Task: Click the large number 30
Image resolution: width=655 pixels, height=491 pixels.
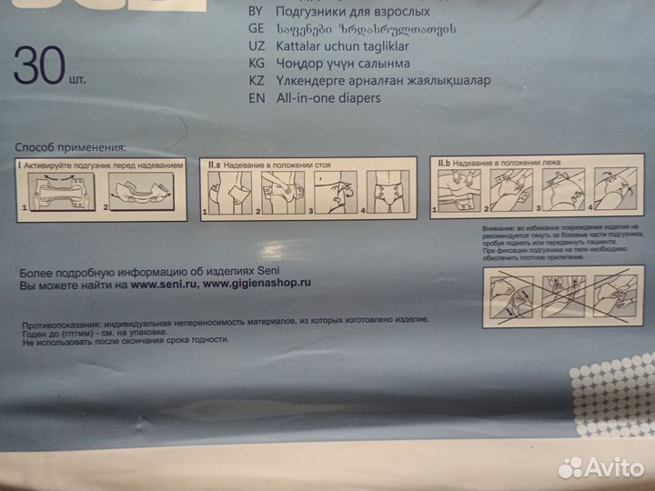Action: (36, 65)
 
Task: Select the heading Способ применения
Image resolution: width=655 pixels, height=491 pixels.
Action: (70, 147)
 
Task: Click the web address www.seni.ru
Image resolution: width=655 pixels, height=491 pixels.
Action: (162, 283)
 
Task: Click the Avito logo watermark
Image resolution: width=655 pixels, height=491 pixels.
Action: (600, 466)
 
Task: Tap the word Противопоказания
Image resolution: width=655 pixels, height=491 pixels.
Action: (59, 322)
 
